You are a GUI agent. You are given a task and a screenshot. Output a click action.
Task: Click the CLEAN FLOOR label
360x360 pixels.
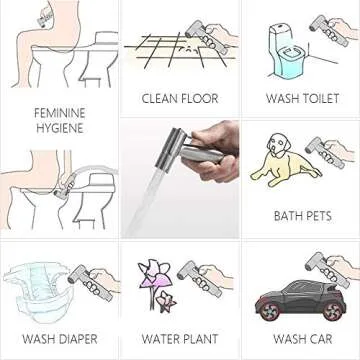[180, 99]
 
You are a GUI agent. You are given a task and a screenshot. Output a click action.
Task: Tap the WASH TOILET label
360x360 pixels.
[302, 99]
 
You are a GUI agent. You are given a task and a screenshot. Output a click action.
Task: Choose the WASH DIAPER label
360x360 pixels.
[59, 339]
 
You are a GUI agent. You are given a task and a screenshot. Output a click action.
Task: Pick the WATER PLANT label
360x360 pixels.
[180, 339]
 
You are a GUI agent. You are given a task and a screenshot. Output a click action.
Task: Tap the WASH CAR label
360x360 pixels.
[302, 339]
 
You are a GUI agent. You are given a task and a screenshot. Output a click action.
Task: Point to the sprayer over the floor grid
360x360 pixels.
[216, 35]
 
